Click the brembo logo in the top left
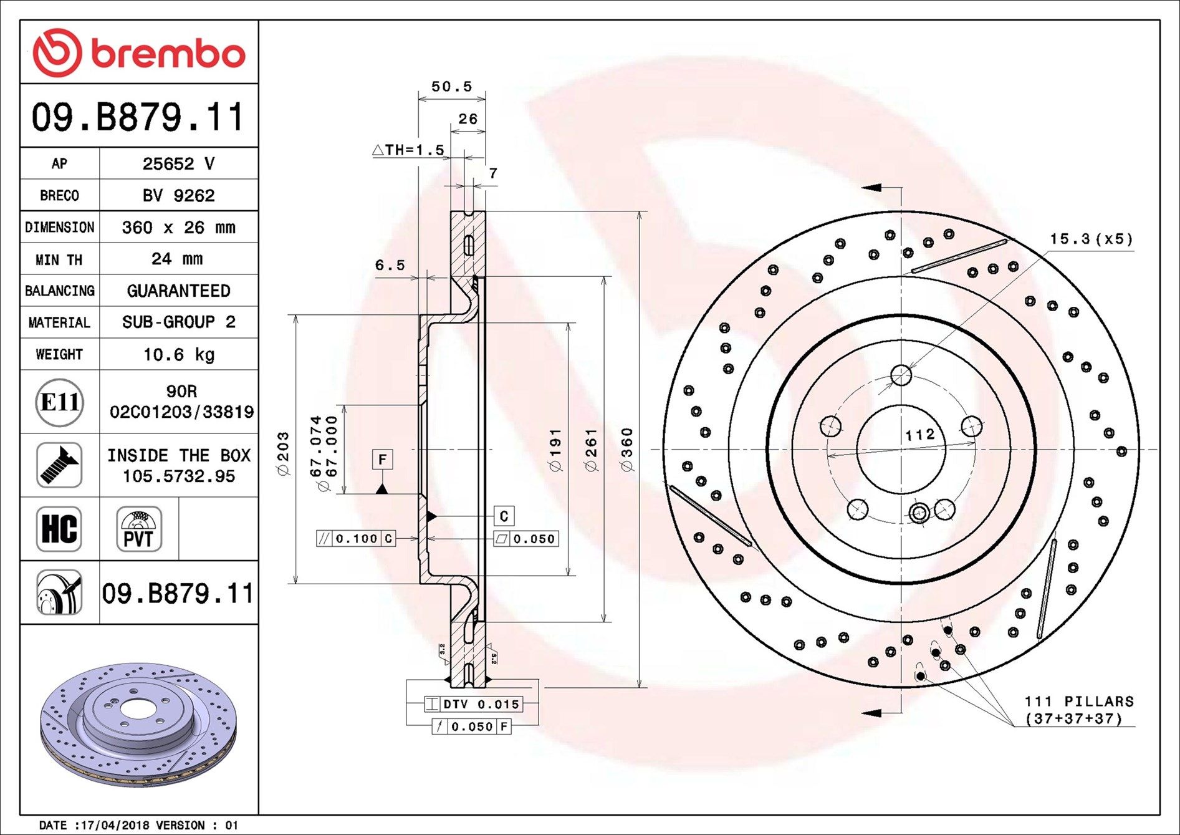point(138,53)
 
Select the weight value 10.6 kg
point(178,354)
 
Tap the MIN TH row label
point(59,259)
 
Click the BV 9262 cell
point(178,195)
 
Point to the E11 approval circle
point(59,402)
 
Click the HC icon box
point(59,529)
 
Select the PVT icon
point(138,529)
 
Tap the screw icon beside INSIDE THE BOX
point(59,465)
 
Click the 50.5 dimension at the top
point(451,87)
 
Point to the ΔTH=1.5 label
point(408,150)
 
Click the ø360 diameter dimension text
point(627,450)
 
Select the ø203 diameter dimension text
point(283,454)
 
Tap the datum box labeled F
point(382,460)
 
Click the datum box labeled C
point(504,516)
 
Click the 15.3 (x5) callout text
point(1091,239)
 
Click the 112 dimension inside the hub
point(920,434)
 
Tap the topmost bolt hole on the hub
point(901,375)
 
